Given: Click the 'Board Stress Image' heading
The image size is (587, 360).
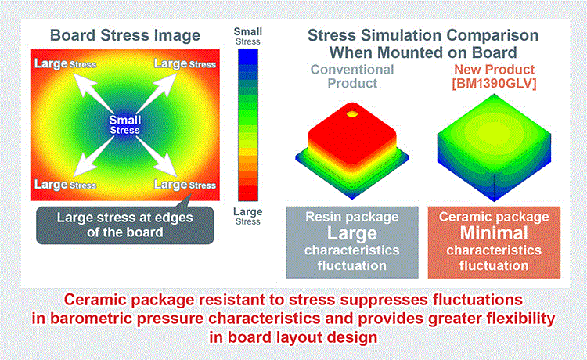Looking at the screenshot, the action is [125, 35].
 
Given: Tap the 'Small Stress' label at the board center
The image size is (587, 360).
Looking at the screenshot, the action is [124, 124].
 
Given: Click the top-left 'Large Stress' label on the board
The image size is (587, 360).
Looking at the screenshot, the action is [65, 63].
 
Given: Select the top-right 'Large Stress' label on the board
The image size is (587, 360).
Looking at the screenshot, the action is [185, 63].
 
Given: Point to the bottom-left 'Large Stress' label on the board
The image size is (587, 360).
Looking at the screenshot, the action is [65, 185].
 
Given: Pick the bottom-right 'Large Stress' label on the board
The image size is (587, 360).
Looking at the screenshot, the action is [185, 185].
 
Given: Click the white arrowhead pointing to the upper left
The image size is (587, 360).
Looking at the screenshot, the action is [81, 81].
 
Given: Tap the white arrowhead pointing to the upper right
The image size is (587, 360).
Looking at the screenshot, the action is [168, 81].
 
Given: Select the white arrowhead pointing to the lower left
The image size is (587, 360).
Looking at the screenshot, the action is [81, 167].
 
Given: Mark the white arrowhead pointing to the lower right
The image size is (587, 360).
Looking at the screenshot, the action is [168, 167].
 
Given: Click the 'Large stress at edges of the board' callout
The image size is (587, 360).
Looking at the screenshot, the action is [125, 225].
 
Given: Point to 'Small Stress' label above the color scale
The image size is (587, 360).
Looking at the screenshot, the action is [248, 36].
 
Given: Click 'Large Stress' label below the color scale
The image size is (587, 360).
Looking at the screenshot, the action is [248, 216].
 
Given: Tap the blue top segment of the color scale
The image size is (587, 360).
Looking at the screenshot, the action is [248, 56].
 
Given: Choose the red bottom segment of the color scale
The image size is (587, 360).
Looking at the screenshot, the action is [248, 193].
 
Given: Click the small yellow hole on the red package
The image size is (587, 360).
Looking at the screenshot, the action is [352, 113].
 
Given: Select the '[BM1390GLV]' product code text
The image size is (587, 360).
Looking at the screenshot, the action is [494, 84].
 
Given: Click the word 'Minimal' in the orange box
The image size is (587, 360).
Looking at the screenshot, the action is [494, 232].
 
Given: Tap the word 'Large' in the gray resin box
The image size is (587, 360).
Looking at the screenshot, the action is [352, 233].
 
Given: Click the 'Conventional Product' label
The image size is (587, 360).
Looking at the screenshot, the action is [352, 77].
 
